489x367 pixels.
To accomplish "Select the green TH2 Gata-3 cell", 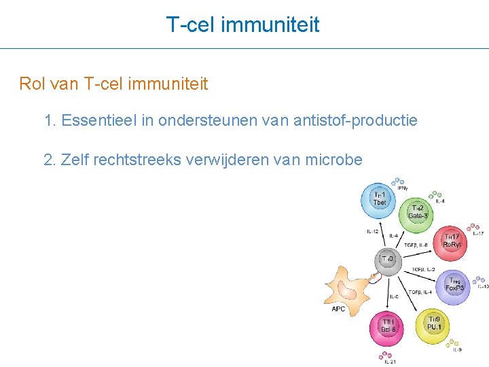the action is [418, 211].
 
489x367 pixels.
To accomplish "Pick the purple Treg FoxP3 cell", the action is [454, 284].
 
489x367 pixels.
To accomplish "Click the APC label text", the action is [338, 309].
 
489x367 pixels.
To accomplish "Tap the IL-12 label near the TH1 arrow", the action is [373, 232].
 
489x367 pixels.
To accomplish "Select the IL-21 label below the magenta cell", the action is [390, 362].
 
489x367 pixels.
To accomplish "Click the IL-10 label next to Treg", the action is [482, 286].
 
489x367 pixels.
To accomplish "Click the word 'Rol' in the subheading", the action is [31, 84].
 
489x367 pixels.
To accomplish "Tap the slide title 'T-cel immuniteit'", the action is [243, 25].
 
